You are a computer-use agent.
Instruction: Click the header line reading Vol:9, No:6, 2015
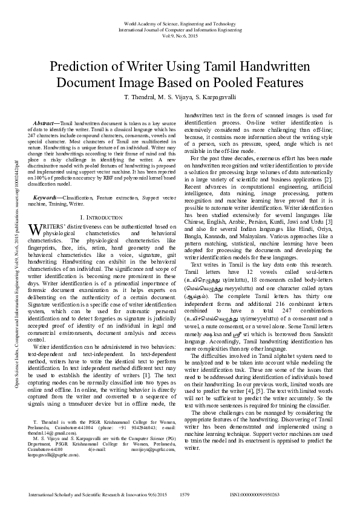[x=180, y=35]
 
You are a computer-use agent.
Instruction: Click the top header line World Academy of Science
[x=180, y=23]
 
